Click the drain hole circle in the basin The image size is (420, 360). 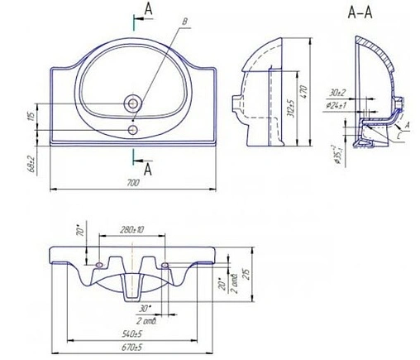pyautogui.click(x=135, y=104)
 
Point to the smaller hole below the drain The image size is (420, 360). pyautogui.click(x=134, y=128)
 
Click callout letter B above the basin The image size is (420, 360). pyautogui.click(x=185, y=20)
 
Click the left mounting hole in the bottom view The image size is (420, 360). pyautogui.click(x=99, y=264)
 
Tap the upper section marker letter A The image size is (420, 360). pyautogui.click(x=147, y=7)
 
